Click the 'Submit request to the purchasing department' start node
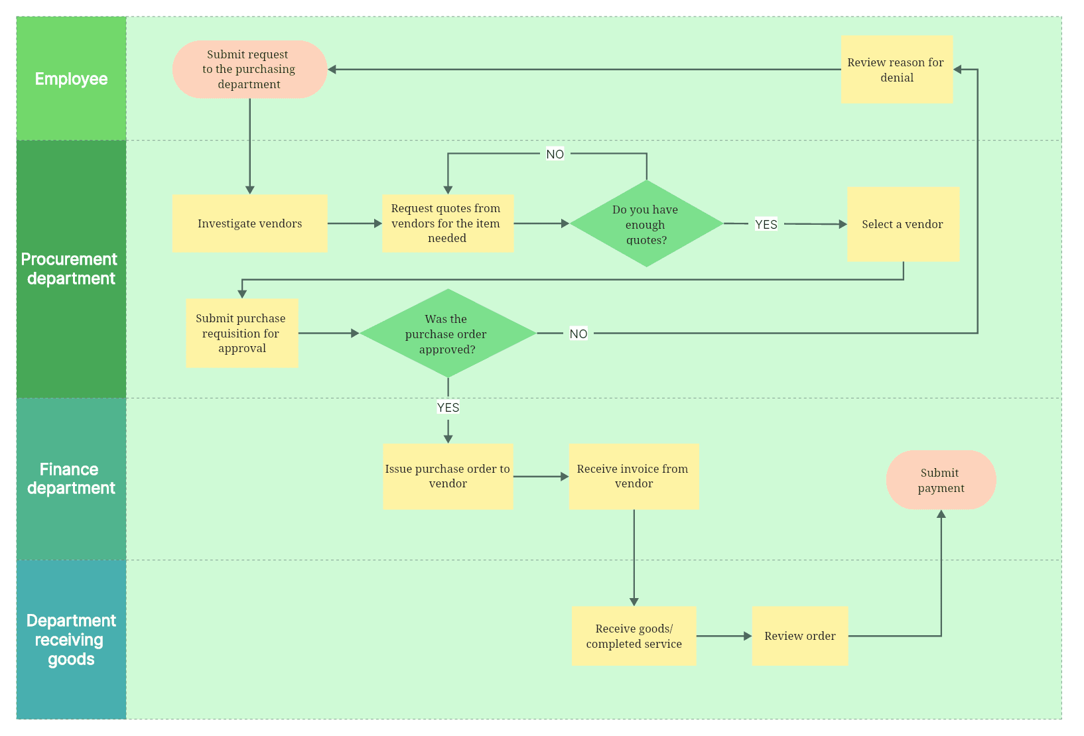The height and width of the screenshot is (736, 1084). tap(249, 70)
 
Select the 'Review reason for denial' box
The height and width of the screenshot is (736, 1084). tap(896, 70)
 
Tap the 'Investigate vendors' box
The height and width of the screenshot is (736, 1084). tap(249, 223)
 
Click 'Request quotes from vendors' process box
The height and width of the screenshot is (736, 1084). tap(447, 223)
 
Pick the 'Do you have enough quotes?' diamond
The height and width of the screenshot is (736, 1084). tap(645, 224)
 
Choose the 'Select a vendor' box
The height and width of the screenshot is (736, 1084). tap(903, 224)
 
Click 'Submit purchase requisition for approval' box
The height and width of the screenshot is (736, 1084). tap(241, 333)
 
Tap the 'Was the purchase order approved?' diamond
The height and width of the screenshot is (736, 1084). tap(447, 334)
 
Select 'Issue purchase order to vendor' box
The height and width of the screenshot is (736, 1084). tap(448, 476)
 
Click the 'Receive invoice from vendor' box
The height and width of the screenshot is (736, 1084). tap(633, 476)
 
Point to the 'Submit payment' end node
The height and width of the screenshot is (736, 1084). tap(941, 480)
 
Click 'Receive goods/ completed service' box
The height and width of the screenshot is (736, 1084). tap(634, 636)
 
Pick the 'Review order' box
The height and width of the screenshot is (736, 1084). tap(799, 636)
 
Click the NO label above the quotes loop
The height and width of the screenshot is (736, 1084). tap(555, 154)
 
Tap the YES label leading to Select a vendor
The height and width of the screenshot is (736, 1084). tap(766, 224)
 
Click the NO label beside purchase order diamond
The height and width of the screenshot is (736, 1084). tap(578, 334)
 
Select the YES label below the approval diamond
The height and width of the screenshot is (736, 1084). tap(448, 407)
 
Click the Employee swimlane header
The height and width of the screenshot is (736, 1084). tap(71, 79)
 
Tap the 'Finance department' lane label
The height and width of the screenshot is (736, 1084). tap(71, 479)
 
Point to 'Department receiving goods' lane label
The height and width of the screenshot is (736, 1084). tap(71, 640)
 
